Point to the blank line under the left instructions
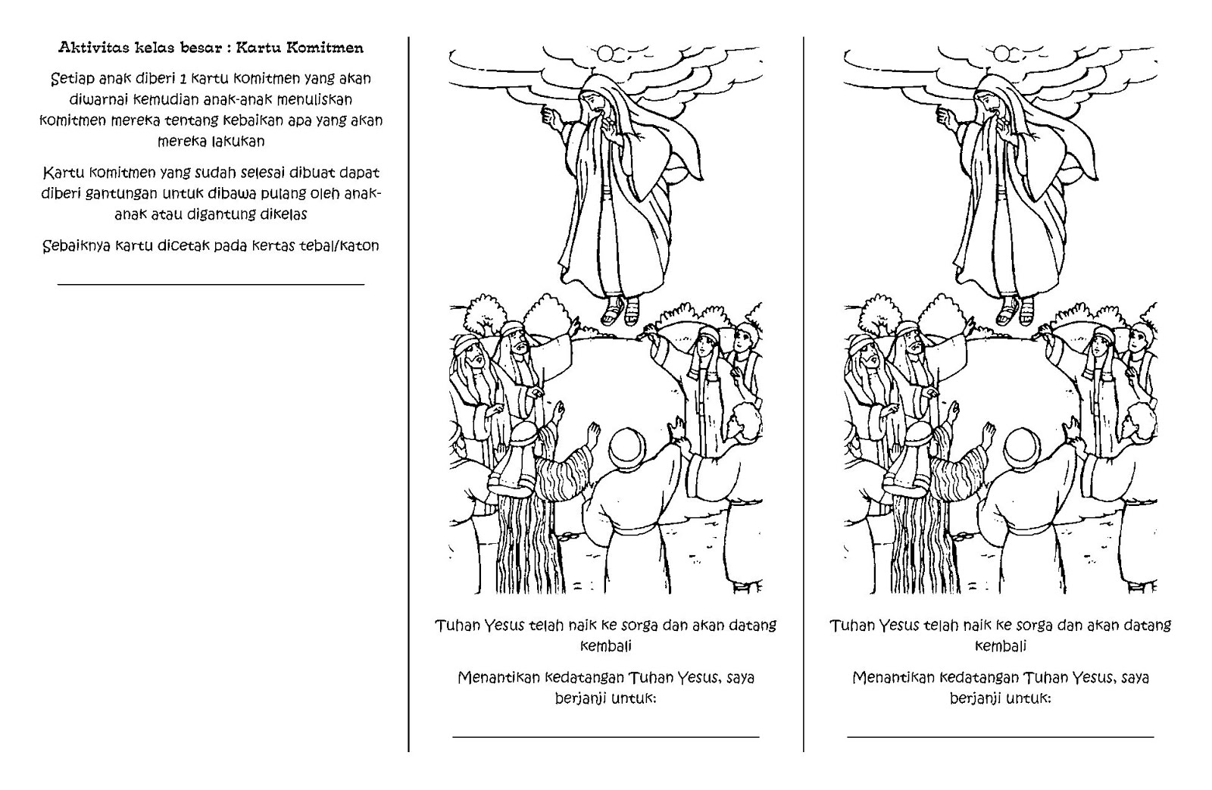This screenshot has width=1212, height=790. click(x=211, y=285)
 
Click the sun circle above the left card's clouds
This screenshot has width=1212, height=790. click(x=607, y=52)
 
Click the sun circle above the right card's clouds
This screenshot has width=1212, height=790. click(x=1001, y=52)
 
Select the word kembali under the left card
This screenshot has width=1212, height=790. click(x=605, y=646)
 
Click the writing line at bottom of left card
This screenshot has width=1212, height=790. click(x=605, y=735)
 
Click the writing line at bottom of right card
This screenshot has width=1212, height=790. click(x=1000, y=735)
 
